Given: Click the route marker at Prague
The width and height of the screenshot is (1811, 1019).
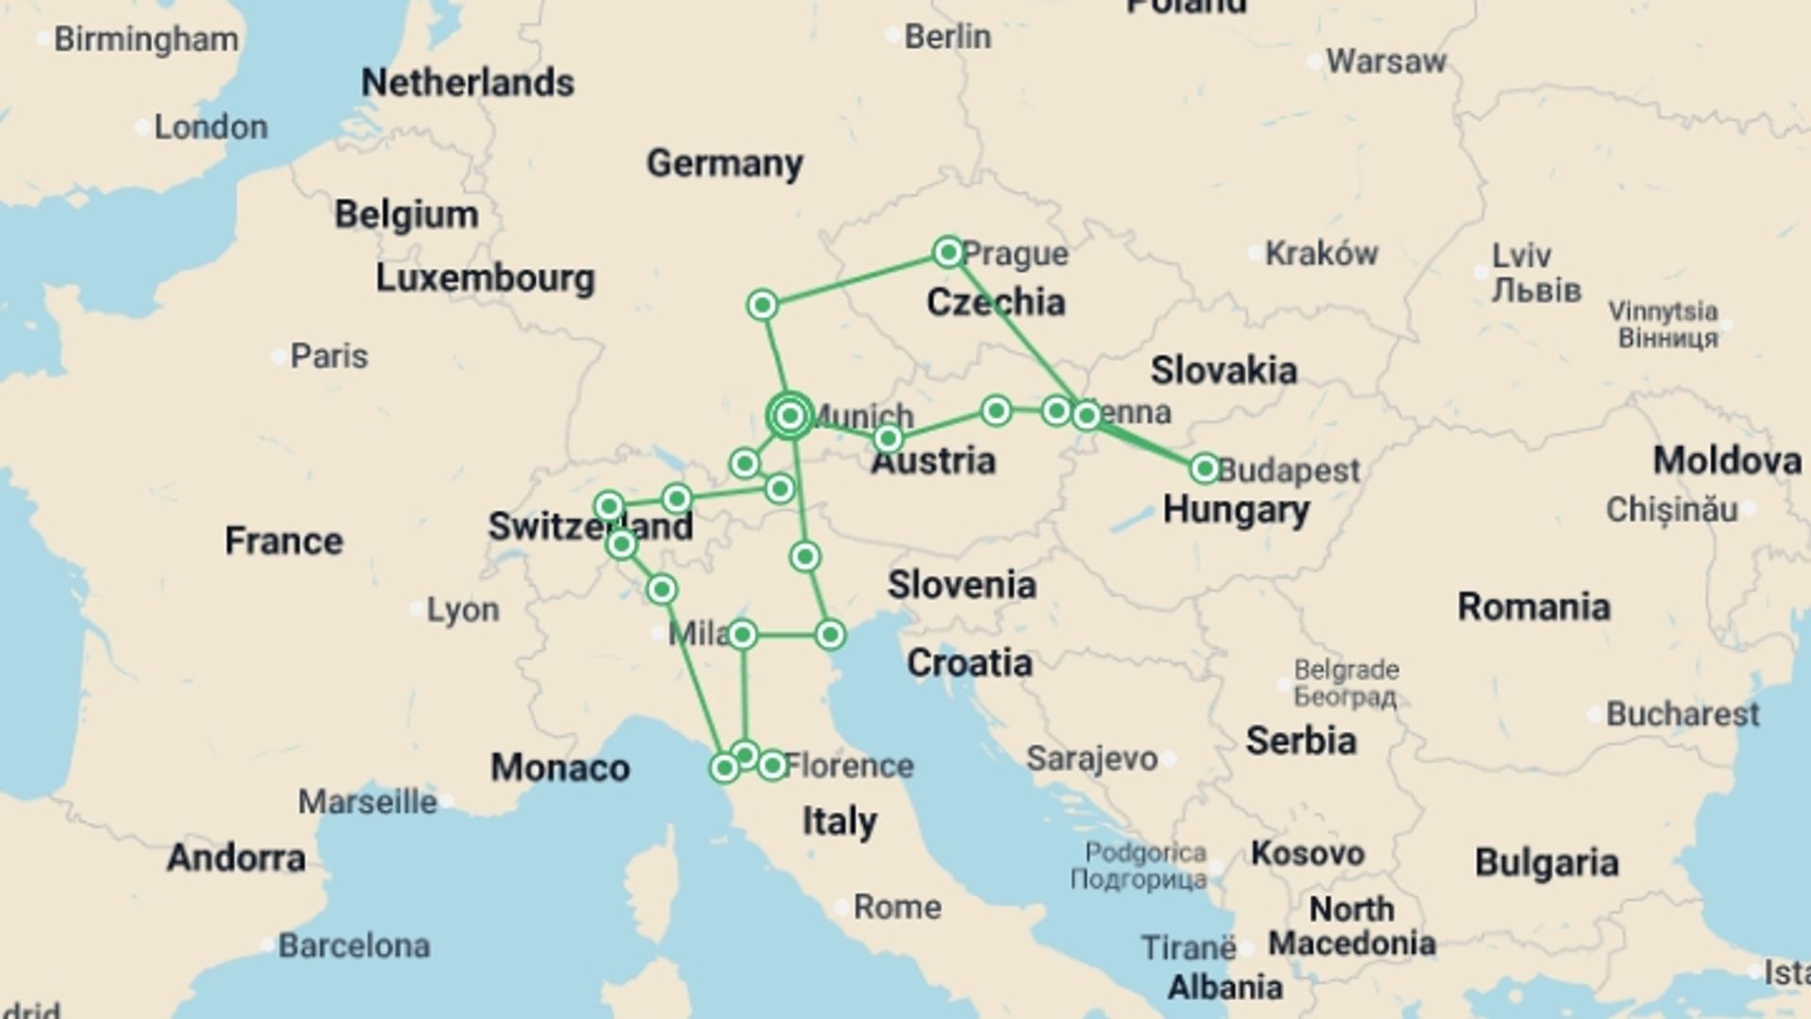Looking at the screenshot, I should tap(948, 252).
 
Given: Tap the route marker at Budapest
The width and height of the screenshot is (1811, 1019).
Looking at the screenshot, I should tap(1205, 468).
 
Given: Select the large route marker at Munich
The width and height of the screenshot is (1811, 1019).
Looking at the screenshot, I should tap(790, 415).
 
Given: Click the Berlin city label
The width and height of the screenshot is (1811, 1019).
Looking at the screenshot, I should tap(947, 37).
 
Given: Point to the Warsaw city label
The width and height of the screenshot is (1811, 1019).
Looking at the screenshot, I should tap(1386, 61).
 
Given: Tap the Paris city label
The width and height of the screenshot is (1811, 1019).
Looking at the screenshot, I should tap(328, 356).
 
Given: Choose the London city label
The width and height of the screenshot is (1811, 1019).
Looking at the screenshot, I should tap(210, 126).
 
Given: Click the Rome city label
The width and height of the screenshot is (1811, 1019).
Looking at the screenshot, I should tap(897, 907).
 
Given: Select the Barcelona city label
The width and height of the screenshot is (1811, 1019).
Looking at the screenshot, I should tap(354, 944).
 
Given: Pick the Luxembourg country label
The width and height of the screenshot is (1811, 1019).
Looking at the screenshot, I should tap(485, 278).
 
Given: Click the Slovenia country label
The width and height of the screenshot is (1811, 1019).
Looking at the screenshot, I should tap(961, 584).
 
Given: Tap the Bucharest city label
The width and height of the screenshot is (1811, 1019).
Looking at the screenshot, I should tap(1682, 714).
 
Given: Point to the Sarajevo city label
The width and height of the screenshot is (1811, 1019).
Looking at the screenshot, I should tap(1091, 758).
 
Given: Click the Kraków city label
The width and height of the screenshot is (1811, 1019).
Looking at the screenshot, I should tap(1321, 253).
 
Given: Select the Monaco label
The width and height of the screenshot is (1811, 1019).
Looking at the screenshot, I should tap(559, 768).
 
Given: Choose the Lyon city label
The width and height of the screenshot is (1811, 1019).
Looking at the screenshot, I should tap(462, 610).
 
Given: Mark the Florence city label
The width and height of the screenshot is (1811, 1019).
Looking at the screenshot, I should tap(848, 765).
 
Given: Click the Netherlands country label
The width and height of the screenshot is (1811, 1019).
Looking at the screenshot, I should tap(467, 83).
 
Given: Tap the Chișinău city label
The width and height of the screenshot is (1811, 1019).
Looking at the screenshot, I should tap(1670, 509).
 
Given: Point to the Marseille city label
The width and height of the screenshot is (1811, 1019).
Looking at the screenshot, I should tap(368, 802).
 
